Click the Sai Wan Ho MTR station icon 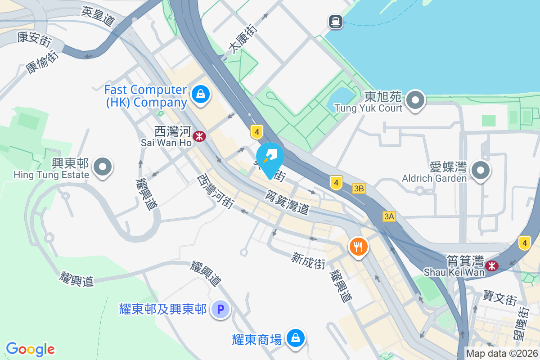pos(198,135)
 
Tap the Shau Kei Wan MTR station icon pos(492,265)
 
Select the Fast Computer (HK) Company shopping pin pos(199,94)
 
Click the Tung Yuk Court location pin pos(416,100)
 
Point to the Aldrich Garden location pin pos(481,170)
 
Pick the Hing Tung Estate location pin pos(103,167)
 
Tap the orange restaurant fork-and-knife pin pos(358,246)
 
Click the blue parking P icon pos(220,309)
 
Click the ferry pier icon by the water pos(336,21)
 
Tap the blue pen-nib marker pos(270,157)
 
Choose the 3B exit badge pos(359,189)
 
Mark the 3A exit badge pos(389,216)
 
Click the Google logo pos(30,349)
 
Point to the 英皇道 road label pos(99,17)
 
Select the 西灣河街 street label pos(215,191)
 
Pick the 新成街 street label pos(308,260)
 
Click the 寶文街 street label pos(499,297)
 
